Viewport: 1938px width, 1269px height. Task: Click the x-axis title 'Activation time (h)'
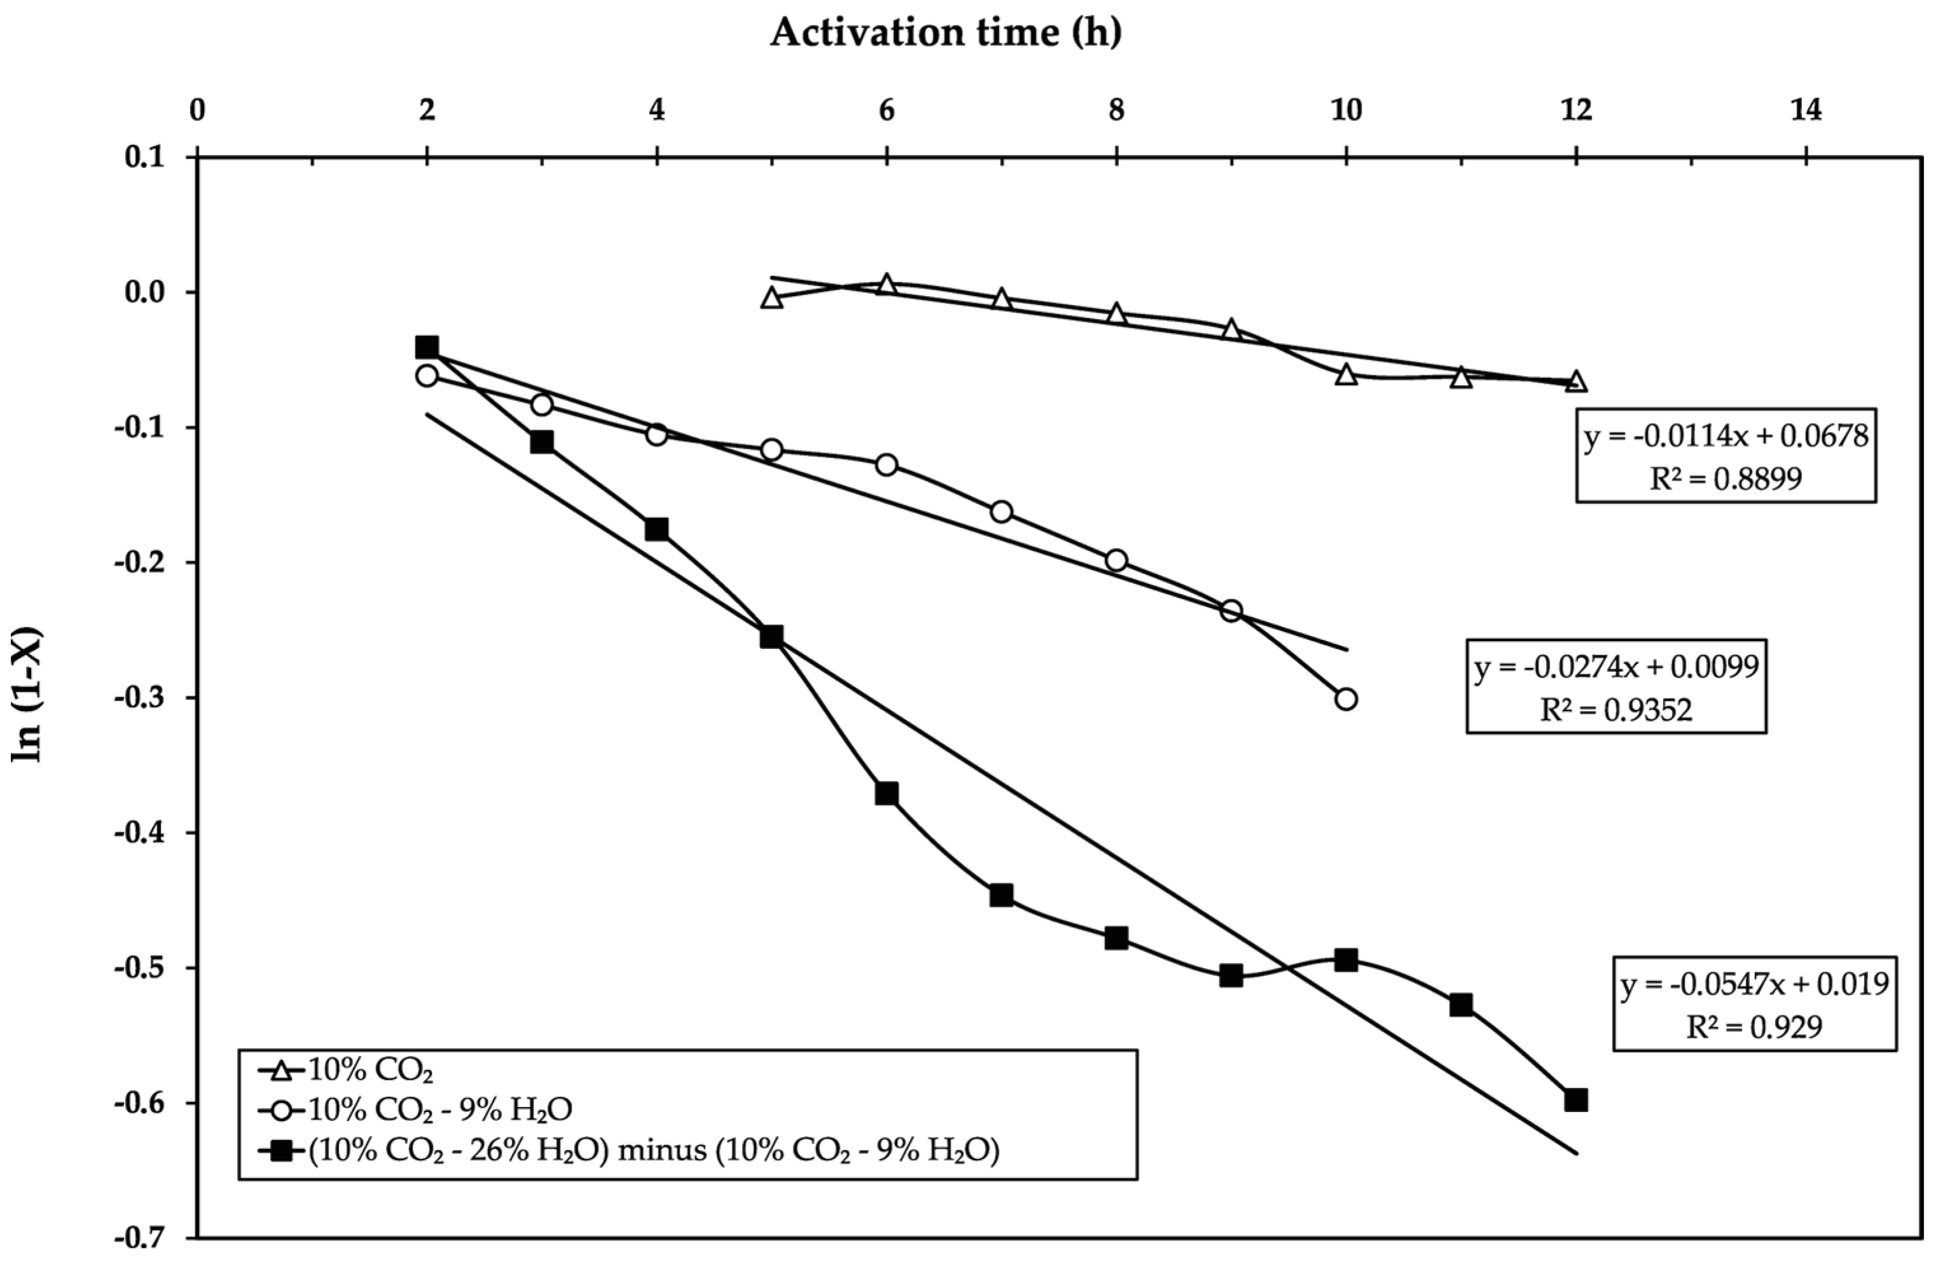[x=945, y=32]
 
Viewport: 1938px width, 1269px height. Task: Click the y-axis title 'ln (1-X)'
[x=26, y=695]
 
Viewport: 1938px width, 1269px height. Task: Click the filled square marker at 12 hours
[x=1576, y=1101]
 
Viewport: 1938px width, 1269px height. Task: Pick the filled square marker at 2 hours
[x=427, y=347]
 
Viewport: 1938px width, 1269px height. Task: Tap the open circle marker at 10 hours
[x=1346, y=699]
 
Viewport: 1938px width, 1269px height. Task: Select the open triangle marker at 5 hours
[x=772, y=298]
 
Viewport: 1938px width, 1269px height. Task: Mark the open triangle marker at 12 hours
[x=1576, y=381]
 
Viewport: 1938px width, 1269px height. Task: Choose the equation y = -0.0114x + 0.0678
[x=1726, y=437]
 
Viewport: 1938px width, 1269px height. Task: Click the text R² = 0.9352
[x=1616, y=710]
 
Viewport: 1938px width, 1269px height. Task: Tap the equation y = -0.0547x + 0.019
[x=1754, y=985]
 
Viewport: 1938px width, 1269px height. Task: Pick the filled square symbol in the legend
[x=281, y=1151]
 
